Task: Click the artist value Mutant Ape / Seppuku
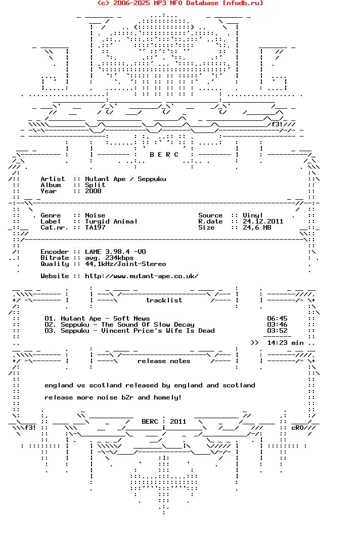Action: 125,179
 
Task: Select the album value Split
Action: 95,185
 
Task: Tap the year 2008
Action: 93,191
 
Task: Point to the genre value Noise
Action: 95,215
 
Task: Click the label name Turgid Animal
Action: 111,221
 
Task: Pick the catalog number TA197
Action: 95,228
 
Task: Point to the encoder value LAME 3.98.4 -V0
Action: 115,252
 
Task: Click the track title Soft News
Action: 131,319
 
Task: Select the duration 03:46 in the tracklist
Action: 277,325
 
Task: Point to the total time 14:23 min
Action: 285,343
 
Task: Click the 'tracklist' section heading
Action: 164,300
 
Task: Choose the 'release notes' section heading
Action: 164,361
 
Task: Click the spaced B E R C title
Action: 164,155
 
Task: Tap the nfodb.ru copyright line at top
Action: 180,3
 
